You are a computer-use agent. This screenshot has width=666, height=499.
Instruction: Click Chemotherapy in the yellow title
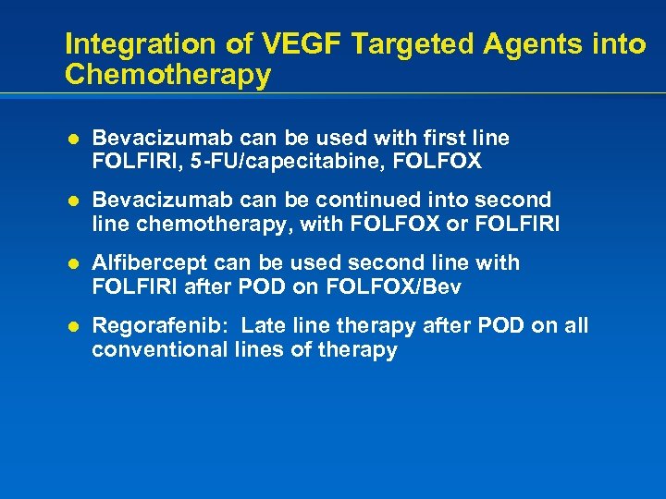167,75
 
